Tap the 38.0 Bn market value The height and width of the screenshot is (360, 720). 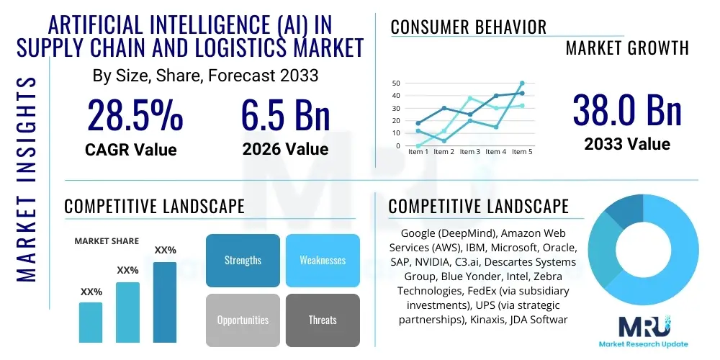click(x=626, y=110)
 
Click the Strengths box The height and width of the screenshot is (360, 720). click(x=243, y=260)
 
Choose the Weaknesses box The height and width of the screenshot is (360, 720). click(x=322, y=260)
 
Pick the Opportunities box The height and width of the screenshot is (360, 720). click(x=243, y=320)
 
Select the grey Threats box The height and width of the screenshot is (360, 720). click(x=322, y=320)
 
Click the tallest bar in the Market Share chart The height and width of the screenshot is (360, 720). click(x=164, y=302)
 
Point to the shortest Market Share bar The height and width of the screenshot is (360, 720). click(x=91, y=322)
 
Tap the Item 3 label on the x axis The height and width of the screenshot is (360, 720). click(x=469, y=152)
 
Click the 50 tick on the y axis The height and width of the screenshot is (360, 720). click(x=395, y=84)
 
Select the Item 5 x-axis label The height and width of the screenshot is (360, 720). click(x=521, y=152)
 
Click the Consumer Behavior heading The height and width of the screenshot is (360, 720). click(x=469, y=27)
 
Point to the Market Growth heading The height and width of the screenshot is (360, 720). click(x=626, y=48)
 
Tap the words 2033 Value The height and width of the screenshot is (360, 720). click(x=626, y=144)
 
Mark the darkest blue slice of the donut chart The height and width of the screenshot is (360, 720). click(x=616, y=210)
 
